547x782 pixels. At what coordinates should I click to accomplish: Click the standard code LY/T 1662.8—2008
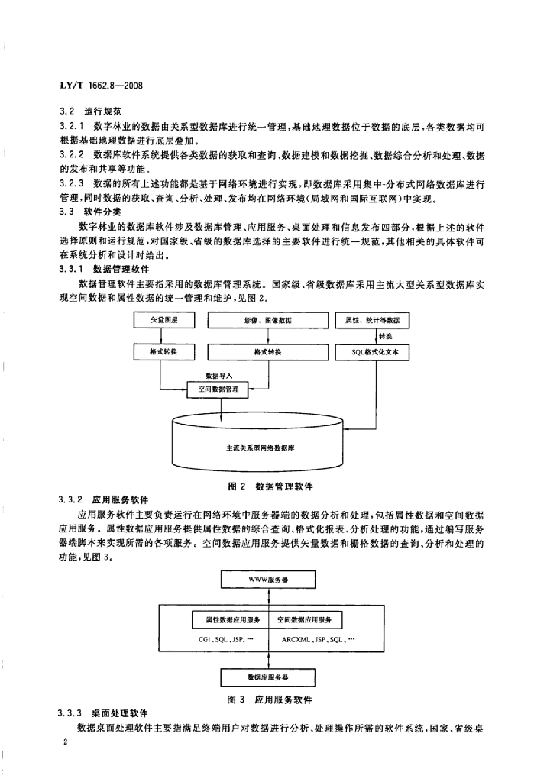101,86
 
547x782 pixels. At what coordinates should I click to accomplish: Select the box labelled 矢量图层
163,320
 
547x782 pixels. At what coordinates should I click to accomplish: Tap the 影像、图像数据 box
268,320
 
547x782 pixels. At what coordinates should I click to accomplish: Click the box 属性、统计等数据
372,320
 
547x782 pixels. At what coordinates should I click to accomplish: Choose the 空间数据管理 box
218,389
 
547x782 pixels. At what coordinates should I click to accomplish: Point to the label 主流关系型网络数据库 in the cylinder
260,448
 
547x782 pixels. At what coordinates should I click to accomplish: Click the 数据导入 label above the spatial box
219,375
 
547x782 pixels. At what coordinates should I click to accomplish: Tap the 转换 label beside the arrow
385,336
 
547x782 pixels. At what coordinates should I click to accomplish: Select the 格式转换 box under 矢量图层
163,352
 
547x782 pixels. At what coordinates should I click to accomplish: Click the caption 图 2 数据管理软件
270,486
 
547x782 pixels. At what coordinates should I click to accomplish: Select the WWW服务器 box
268,580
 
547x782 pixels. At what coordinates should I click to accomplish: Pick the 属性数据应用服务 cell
231,620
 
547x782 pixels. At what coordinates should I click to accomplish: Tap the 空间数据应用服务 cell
306,620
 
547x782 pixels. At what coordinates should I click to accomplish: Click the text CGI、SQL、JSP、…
222,639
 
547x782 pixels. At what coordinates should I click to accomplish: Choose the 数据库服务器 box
268,678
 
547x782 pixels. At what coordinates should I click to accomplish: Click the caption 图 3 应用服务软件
270,700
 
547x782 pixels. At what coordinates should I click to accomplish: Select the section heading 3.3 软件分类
90,212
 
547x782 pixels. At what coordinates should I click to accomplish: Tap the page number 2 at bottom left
66,742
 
